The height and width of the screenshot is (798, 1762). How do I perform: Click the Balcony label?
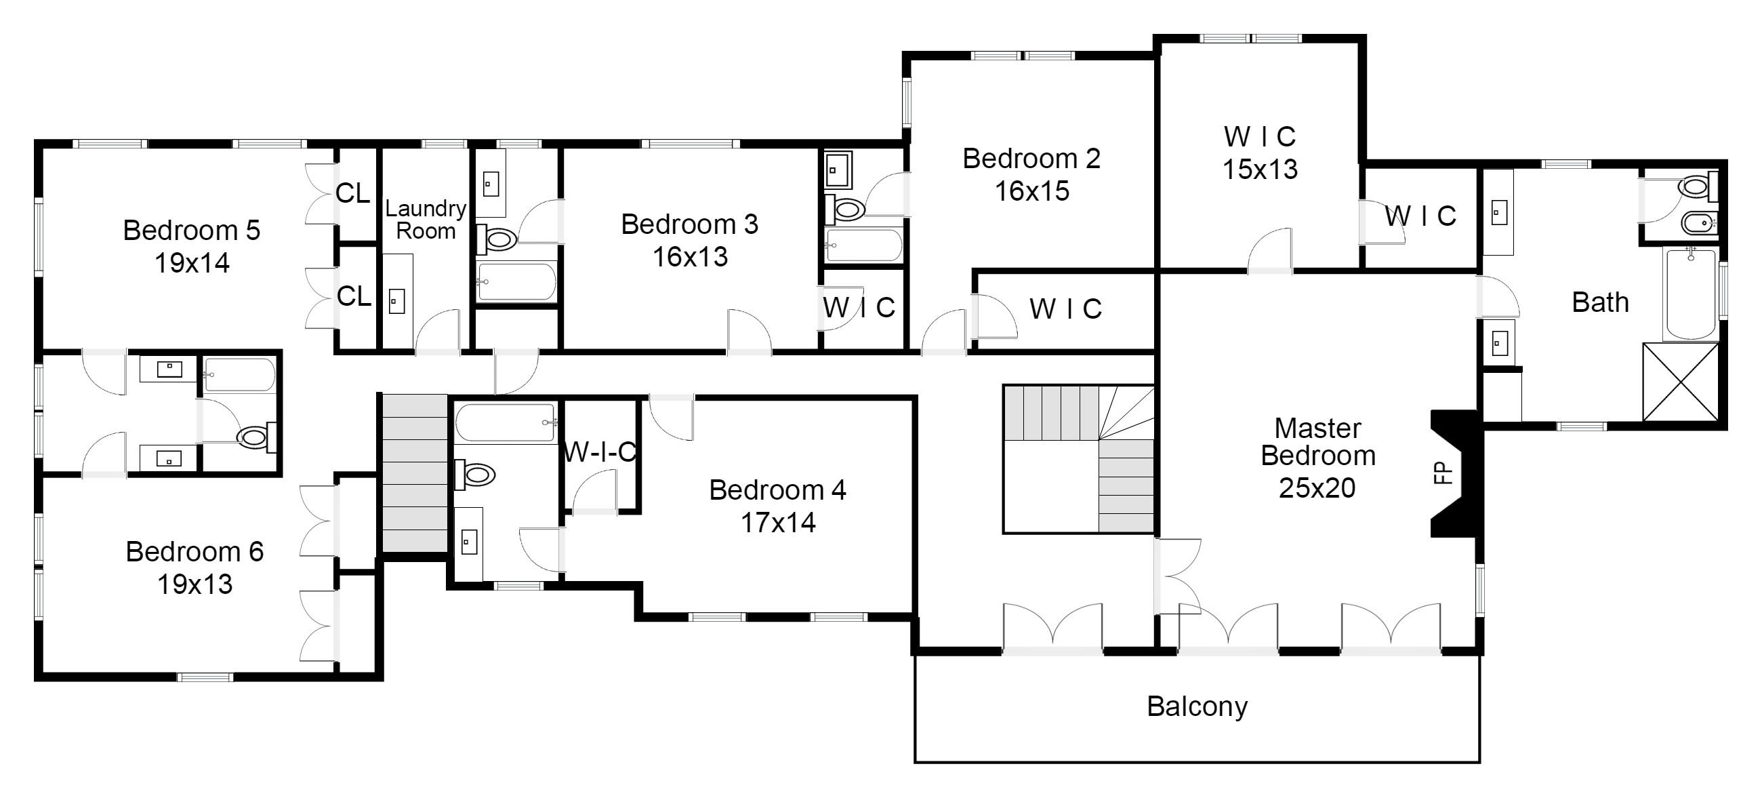point(1197,707)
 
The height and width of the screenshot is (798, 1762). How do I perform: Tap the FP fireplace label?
point(1443,473)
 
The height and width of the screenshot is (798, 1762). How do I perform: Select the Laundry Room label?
point(426,220)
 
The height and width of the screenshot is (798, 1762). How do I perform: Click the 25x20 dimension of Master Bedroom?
point(1317,488)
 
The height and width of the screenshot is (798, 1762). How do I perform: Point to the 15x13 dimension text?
point(1260,169)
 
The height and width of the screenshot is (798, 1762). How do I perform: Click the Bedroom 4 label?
point(778,490)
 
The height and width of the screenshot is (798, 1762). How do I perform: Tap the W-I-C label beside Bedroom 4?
point(600,452)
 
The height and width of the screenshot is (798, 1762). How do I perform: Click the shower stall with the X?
point(1681,382)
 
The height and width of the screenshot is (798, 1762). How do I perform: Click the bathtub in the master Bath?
point(1691,294)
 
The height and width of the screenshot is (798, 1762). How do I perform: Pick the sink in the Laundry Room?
point(396,300)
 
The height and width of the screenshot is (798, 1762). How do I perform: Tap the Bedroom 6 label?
point(195,552)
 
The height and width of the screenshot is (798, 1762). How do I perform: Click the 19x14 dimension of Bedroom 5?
point(192,263)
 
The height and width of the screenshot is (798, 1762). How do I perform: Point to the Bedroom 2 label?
point(1031,159)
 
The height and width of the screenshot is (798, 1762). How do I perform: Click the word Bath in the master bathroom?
point(1600,302)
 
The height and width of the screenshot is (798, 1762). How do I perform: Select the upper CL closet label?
point(352,194)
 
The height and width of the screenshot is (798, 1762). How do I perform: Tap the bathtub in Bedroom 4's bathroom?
point(506,423)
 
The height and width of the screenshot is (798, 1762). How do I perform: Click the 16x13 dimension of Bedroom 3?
point(690,258)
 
